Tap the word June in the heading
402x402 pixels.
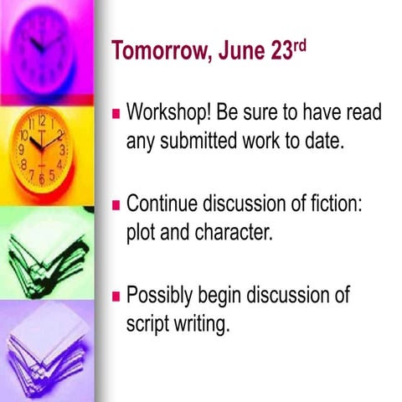[x=244, y=52]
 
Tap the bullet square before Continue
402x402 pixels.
[x=117, y=204]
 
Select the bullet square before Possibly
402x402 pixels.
[x=117, y=295]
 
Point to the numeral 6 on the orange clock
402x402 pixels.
[x=42, y=179]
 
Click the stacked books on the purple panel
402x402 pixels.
[x=46, y=352]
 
